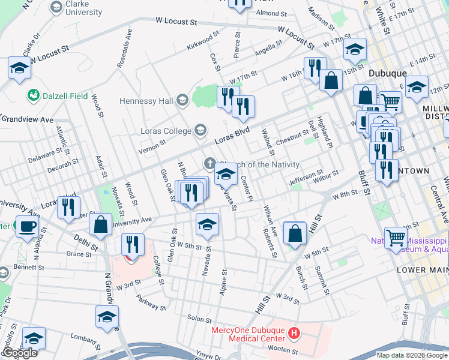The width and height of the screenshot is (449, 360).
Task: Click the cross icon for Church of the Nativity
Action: click(209, 163)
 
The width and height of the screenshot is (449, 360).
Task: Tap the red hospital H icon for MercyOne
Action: click(294, 332)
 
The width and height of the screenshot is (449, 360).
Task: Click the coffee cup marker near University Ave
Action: click(26, 227)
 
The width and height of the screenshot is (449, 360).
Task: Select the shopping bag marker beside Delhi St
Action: click(101, 224)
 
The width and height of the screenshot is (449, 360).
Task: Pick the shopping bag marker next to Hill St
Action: click(295, 233)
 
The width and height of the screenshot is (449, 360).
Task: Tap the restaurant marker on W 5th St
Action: click(133, 244)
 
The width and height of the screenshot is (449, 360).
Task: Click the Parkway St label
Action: click(150, 302)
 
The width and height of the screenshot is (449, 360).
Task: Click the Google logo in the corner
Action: click(19, 352)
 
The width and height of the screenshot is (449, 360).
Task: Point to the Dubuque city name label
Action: click(387, 73)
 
